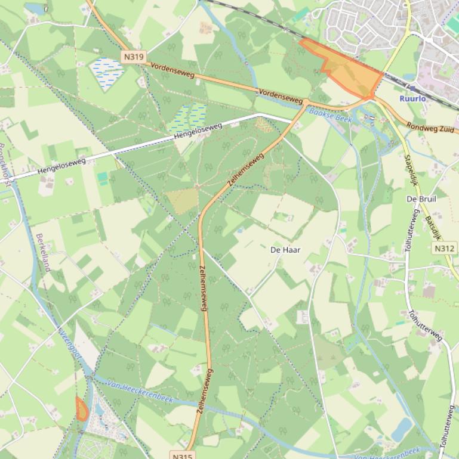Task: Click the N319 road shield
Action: click(134, 57)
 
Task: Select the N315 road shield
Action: click(183, 455)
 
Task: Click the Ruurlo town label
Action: click(412, 98)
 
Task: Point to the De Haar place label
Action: click(285, 250)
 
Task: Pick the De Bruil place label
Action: click(421, 199)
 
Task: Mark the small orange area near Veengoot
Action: click(81, 409)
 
